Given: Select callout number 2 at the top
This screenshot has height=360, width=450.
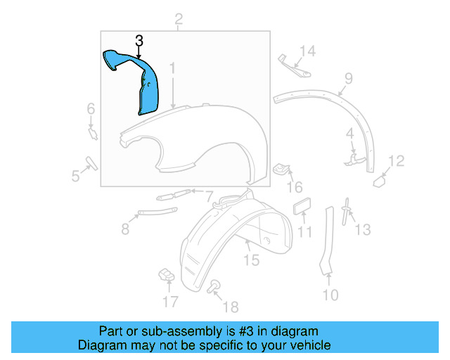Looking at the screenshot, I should pos(179,19).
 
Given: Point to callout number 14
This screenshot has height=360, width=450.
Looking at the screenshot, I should pos(309,51).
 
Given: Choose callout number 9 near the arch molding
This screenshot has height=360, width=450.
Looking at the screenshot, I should pos(348,79).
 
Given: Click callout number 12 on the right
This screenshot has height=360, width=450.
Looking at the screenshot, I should pos(397,162).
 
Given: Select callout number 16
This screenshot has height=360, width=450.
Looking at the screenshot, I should pos(294,188).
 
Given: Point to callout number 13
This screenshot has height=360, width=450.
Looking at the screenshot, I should pos(362,229).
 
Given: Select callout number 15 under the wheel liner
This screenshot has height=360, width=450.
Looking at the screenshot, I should pos(251,260).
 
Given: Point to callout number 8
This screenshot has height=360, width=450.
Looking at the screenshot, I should pos(125,229).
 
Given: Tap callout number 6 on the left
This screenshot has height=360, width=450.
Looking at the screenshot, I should pos(91,108).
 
